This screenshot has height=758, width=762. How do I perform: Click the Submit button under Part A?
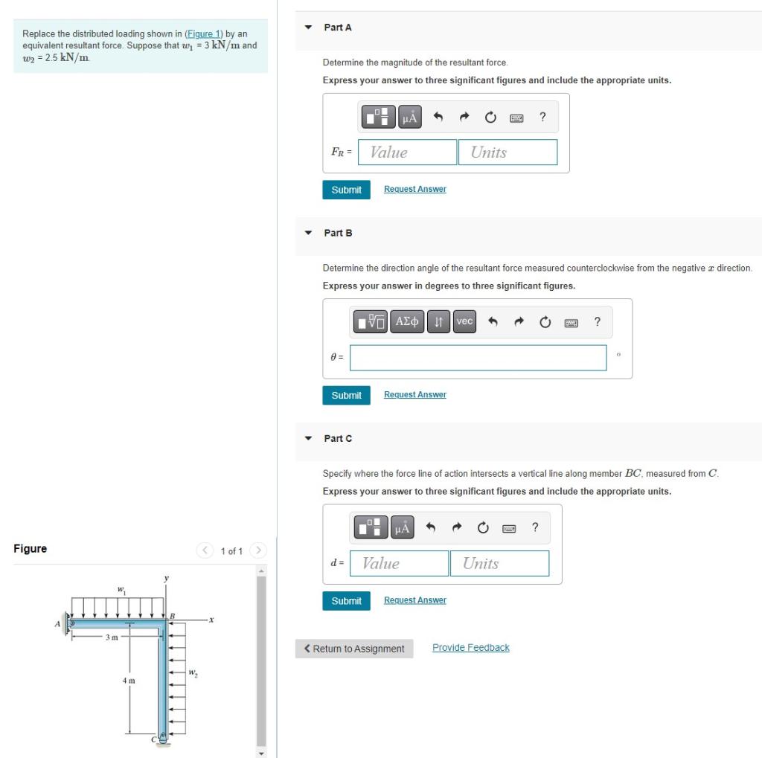(346, 190)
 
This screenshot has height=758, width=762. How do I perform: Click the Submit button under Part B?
(346, 395)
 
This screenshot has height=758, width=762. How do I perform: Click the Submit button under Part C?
(346, 601)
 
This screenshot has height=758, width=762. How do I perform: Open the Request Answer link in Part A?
(414, 189)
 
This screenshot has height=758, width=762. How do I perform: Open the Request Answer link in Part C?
(414, 600)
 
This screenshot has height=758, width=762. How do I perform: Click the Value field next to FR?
(407, 152)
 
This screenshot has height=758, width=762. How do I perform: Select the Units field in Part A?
(508, 152)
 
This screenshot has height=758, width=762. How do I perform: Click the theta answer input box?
(478, 357)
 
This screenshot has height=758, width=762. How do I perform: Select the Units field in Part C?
(499, 563)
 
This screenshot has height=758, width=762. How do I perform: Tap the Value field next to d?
(399, 563)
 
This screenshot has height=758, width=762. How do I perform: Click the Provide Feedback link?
(470, 648)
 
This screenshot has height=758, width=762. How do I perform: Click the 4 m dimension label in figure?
(129, 681)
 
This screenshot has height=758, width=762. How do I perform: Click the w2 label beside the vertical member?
(193, 674)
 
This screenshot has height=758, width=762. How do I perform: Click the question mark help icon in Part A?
(542, 117)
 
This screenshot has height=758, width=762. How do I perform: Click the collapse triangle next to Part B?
(308, 233)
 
